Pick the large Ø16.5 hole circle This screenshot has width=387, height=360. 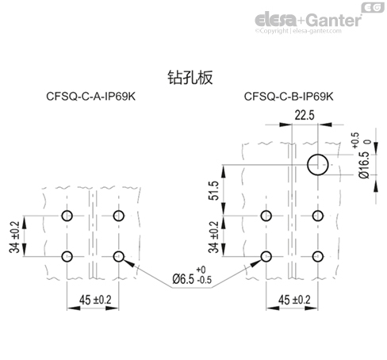319,165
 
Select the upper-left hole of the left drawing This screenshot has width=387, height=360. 68,216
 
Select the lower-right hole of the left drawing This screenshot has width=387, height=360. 120,255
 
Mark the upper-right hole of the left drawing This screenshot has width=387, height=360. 120,216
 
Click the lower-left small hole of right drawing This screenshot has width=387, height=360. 267,255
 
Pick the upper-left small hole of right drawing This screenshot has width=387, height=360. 267,216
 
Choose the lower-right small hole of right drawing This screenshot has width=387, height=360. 319,255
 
